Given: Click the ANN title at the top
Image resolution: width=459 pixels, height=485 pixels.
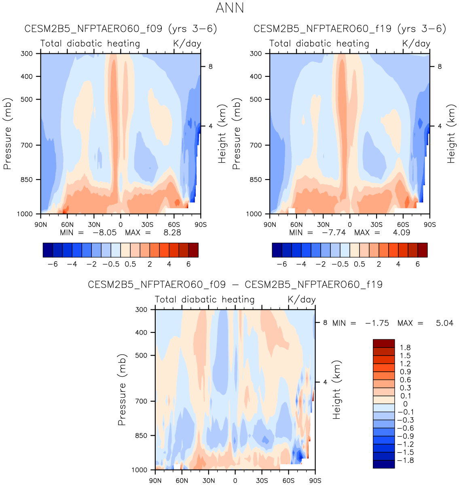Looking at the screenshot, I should [230, 8].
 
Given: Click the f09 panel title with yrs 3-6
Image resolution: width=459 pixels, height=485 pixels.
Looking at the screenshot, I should [121, 29].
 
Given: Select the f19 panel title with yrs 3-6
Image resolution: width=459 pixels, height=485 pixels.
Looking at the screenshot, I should [350, 29].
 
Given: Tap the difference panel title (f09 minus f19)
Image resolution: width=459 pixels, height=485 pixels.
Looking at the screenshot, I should [235, 285].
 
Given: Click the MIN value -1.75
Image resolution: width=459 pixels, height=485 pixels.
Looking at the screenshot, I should [377, 323].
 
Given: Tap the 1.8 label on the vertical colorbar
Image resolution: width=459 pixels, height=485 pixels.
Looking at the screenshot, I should [405, 348].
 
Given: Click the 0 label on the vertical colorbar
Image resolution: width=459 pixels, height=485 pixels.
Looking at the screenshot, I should [405, 404].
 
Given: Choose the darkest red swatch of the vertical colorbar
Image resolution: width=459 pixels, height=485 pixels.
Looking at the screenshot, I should [383, 343].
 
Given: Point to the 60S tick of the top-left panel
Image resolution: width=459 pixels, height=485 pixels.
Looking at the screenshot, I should [174, 224].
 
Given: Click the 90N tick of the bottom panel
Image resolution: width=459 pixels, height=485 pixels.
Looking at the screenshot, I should [155, 481].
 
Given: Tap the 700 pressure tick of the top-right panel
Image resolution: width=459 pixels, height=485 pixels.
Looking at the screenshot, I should [256, 145].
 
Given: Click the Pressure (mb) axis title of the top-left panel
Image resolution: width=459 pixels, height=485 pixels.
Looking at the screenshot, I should [7, 133].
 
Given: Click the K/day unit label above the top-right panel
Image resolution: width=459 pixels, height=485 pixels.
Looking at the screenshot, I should [416, 44].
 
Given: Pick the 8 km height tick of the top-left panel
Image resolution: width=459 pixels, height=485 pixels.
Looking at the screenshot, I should [211, 67].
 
